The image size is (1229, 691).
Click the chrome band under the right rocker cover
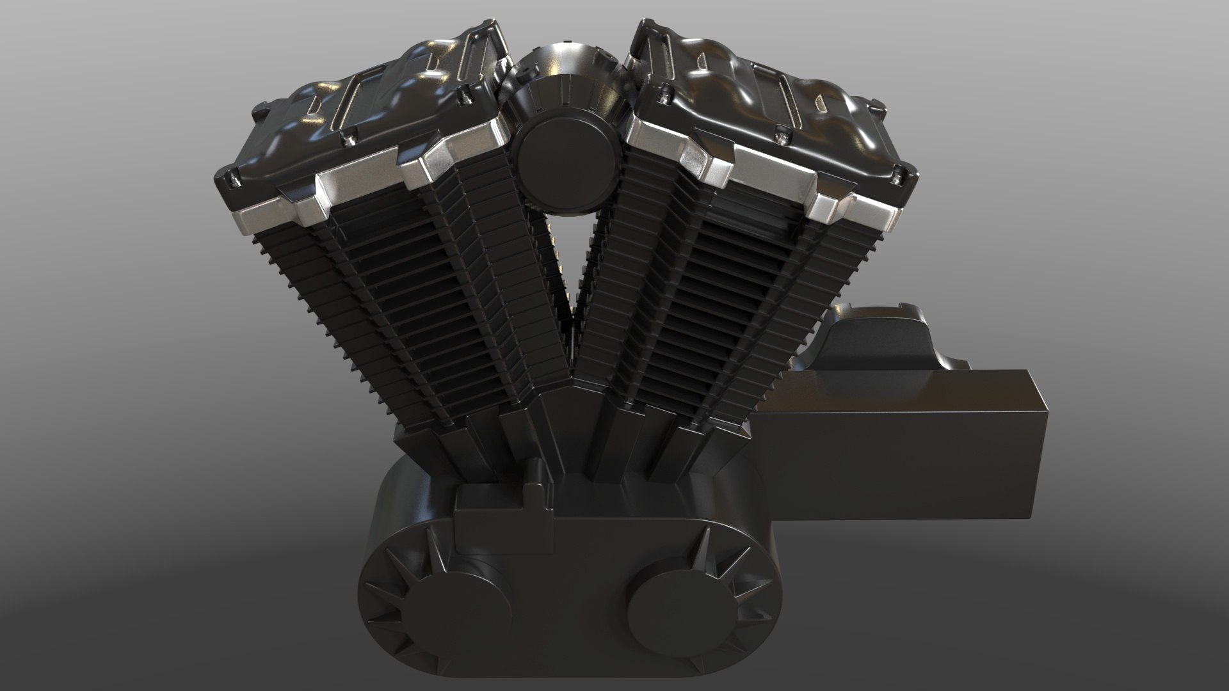coord(768,176)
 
